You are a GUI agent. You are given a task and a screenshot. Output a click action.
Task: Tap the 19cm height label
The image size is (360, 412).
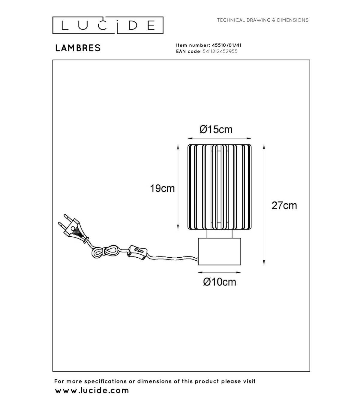point(162,189)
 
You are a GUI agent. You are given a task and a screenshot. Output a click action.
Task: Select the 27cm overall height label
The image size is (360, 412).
point(284,206)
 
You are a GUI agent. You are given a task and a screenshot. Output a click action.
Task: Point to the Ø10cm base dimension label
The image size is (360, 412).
point(219,282)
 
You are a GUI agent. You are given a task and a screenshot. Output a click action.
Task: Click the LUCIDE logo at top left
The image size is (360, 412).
point(108,25)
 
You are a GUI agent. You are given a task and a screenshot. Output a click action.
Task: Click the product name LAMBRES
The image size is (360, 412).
point(78,48)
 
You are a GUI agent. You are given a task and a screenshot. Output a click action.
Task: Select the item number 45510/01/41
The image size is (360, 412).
point(226,45)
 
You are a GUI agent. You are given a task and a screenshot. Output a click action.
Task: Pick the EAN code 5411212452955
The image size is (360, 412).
point(220,51)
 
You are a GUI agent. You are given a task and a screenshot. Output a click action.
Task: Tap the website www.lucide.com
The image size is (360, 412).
point(92,390)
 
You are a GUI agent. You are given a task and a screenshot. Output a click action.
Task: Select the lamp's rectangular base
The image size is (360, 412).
point(219,252)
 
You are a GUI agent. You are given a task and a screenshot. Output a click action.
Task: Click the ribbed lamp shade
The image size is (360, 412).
point(219,187)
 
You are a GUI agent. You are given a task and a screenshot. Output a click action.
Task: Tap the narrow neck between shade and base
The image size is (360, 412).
point(219,234)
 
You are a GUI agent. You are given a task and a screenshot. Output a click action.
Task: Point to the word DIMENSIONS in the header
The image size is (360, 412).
point(293,20)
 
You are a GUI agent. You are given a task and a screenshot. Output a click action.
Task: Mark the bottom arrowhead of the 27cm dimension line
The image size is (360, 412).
point(264,262)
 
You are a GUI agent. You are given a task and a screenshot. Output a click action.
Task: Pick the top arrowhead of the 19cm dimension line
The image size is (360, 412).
point(178,147)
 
